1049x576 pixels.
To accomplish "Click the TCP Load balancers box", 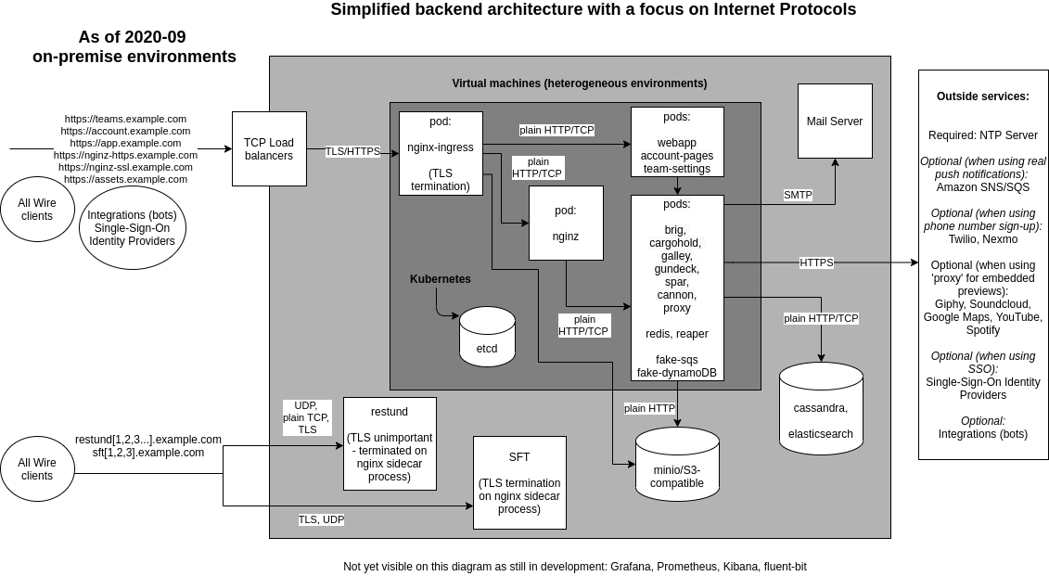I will point(269,148).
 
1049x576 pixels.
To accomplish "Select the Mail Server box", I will point(835,121).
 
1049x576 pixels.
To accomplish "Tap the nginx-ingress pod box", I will point(441,153).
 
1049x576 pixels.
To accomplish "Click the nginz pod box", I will point(566,223).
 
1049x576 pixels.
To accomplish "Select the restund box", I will point(390,443).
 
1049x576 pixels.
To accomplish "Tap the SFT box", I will point(519,482).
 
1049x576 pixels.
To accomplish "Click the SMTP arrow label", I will point(798,195).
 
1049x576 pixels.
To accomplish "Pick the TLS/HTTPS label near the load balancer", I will point(352,151).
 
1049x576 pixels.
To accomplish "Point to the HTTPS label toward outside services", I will point(816,262).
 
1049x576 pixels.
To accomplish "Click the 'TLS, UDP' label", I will point(321,519).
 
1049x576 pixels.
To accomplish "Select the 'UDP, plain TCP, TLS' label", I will point(306,417).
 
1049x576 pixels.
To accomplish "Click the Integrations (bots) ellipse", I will point(132,228).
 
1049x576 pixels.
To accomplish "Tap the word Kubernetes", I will point(441,279).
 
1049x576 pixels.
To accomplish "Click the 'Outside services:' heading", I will point(982,96).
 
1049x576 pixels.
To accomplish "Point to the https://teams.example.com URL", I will point(125,119).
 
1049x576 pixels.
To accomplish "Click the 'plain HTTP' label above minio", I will point(649,408).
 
